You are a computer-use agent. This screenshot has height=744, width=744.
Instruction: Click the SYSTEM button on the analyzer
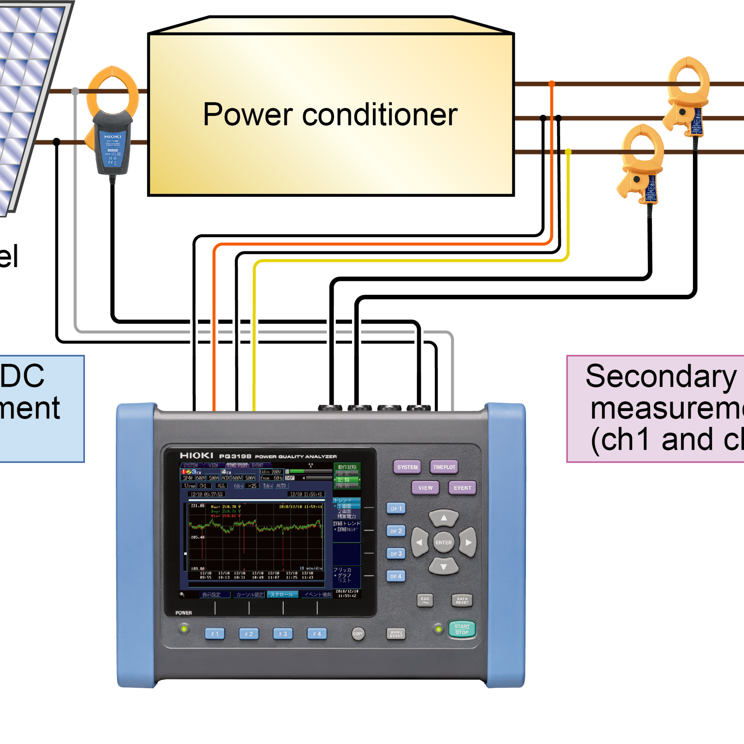[x=407, y=467]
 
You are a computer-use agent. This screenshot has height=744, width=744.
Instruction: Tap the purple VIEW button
[x=425, y=488]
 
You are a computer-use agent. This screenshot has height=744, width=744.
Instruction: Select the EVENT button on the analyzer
[x=462, y=488]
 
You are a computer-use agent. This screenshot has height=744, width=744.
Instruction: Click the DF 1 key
[x=396, y=508]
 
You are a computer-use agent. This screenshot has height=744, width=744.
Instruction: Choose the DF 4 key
[x=396, y=576]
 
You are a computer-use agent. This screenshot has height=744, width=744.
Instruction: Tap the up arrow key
[x=444, y=518]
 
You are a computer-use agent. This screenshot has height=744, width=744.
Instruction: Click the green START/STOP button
[x=462, y=629]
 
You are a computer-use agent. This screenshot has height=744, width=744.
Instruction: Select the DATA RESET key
[x=462, y=601]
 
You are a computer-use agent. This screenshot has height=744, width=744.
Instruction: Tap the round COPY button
[x=358, y=634]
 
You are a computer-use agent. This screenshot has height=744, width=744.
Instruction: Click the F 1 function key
[x=215, y=634]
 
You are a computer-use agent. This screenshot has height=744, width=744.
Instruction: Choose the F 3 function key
[x=283, y=634]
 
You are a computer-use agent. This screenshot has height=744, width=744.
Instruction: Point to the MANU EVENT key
[x=396, y=634]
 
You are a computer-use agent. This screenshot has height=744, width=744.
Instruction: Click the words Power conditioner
[x=330, y=114]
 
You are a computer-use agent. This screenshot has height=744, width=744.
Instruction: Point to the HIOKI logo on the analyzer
[x=196, y=456]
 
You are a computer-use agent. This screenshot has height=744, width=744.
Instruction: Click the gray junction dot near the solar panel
[x=75, y=91]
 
